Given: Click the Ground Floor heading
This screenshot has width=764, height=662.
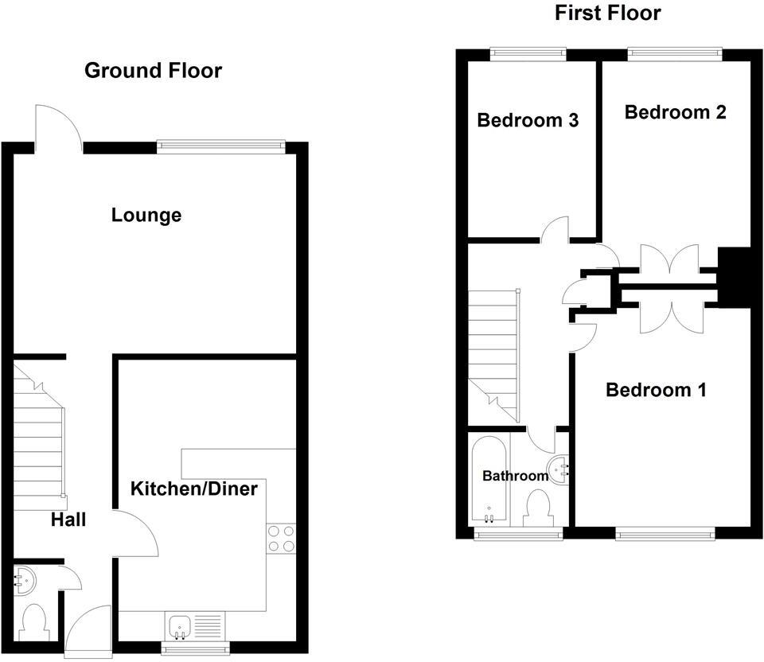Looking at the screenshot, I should tap(153, 71).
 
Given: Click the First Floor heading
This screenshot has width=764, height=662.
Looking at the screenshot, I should tap(607, 13).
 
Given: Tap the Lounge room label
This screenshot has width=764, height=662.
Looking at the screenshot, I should tap(146, 215).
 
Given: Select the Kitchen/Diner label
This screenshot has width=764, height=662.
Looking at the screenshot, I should tap(194, 488).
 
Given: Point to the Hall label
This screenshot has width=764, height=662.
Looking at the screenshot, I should tap(68, 520).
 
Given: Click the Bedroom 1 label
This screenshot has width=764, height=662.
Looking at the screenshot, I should tap(656, 390).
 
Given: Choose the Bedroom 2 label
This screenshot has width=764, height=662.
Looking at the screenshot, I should tap(675, 112).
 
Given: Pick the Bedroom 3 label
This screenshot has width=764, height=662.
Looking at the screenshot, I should tap(528, 120).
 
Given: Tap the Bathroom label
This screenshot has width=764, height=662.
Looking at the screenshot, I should tap(515, 476).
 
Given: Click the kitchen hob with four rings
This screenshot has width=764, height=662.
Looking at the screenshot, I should tap(281, 538).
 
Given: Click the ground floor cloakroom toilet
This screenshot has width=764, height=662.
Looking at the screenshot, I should tap(34, 621).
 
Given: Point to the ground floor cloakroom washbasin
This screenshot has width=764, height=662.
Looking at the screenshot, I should tap(23, 580).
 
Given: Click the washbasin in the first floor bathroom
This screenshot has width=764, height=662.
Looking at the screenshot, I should tap(559, 468).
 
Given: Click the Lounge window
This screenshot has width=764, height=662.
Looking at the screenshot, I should tap(220, 145).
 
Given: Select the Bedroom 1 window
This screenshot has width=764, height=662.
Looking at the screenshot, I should tap(665, 533).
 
